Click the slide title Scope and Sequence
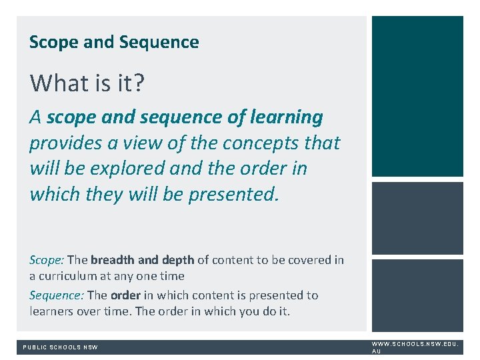tap(114, 43)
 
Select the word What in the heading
tap(51, 83)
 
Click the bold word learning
tap(286, 117)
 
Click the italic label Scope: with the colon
tap(47, 260)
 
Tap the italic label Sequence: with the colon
tap(57, 295)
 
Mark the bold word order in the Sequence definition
tap(125, 295)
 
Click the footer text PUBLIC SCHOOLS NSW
tap(61, 347)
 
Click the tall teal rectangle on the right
tap(417, 96)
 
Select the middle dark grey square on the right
tap(417, 218)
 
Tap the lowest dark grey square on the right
tap(417, 295)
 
